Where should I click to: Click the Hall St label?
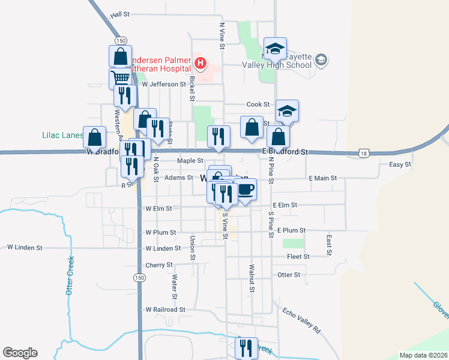pyautogui.click(x=120, y=14)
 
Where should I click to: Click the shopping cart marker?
pyautogui.click(x=120, y=78)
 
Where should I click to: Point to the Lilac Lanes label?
pyautogui.click(x=62, y=135)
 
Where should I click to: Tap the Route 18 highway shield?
pyautogui.click(x=364, y=154)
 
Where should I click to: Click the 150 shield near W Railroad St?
pyautogui.click(x=139, y=278)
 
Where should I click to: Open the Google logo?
pyautogui.click(x=20, y=353)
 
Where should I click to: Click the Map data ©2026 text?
pyautogui.click(x=423, y=355)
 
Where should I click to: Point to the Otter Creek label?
pyautogui.click(x=70, y=276)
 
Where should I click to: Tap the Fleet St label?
pyautogui.click(x=298, y=256)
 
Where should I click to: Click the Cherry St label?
pyautogui.click(x=159, y=265)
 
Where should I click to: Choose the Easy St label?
pyautogui.click(x=400, y=164)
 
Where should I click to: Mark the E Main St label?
pyautogui.click(x=323, y=178)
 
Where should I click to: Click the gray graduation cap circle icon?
pyautogui.click(x=321, y=59)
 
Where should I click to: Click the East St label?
pyautogui.click(x=329, y=244)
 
